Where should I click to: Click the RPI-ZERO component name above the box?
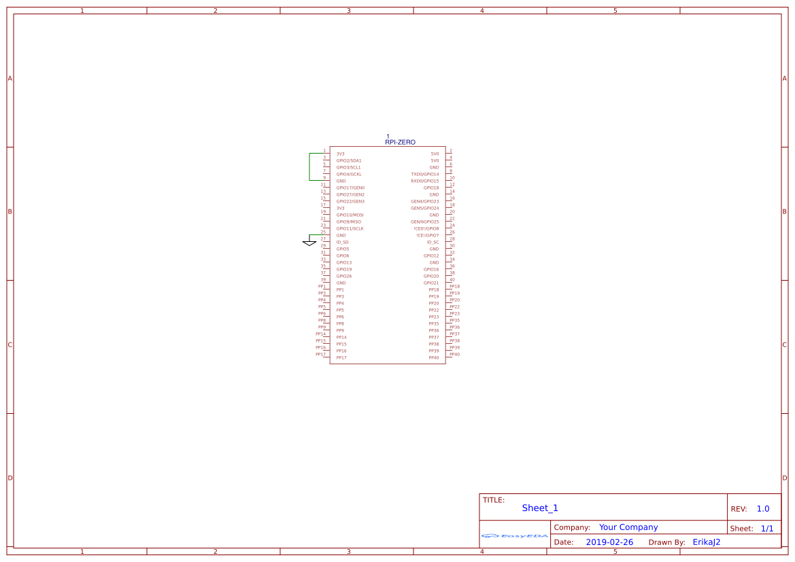(400, 142)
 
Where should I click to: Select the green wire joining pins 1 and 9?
(309, 166)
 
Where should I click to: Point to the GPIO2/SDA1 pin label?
(349, 161)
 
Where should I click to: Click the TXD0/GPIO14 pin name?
(425, 175)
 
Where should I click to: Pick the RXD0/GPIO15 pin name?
(425, 181)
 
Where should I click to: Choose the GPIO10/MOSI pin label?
(350, 215)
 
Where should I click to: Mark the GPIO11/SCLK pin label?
(350, 229)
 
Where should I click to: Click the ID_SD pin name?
(342, 243)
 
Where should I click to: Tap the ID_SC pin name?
(433, 243)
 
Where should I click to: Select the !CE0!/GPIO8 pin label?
(426, 229)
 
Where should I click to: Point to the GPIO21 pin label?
(431, 283)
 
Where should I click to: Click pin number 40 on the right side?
(452, 279)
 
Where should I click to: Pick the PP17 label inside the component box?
(341, 358)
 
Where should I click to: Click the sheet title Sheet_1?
(540, 508)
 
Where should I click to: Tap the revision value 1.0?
(763, 509)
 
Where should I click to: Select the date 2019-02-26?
(609, 542)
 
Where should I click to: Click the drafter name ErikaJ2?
(706, 542)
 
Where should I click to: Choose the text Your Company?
(628, 527)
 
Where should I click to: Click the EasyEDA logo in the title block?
(515, 535)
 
